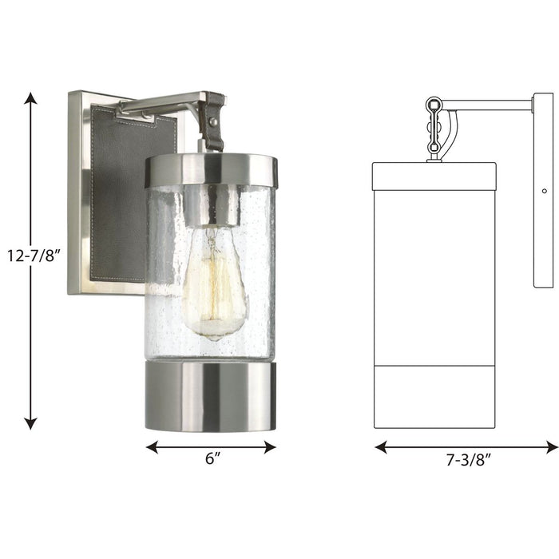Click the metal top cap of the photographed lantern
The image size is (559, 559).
pyautogui.click(x=211, y=170)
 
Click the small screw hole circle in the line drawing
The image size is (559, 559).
pyautogui.click(x=544, y=191)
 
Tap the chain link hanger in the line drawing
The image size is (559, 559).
pyautogui.click(x=434, y=128)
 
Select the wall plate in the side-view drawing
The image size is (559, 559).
pyautogui.click(x=544, y=192)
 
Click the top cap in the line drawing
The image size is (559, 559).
pyautogui.click(x=434, y=176)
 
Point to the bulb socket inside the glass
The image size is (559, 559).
pyautogui.click(x=212, y=206)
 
